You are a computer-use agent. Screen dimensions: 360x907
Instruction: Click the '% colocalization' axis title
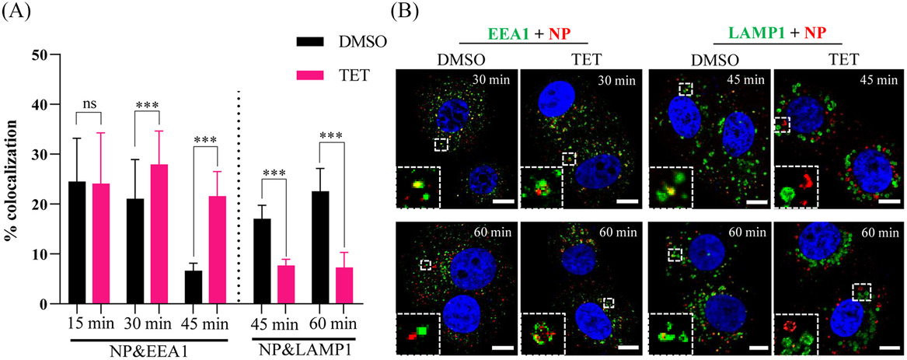(x=12, y=179)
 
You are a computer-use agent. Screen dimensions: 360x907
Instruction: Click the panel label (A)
(x=17, y=14)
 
